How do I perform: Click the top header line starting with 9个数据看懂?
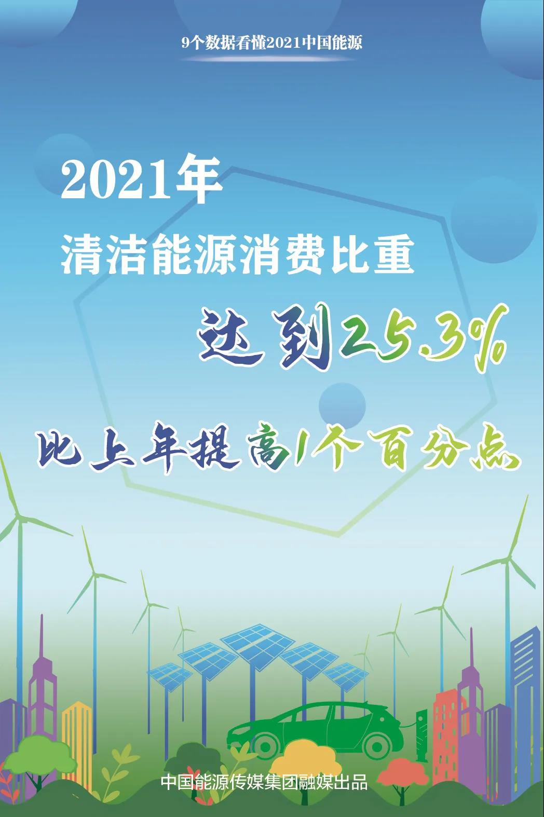[272, 44]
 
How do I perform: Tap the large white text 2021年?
[142, 180]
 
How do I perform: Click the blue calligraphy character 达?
[230, 334]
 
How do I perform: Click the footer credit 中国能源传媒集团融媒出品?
[264, 782]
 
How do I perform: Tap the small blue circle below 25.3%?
[342, 405]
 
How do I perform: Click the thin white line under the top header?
[272, 58]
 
